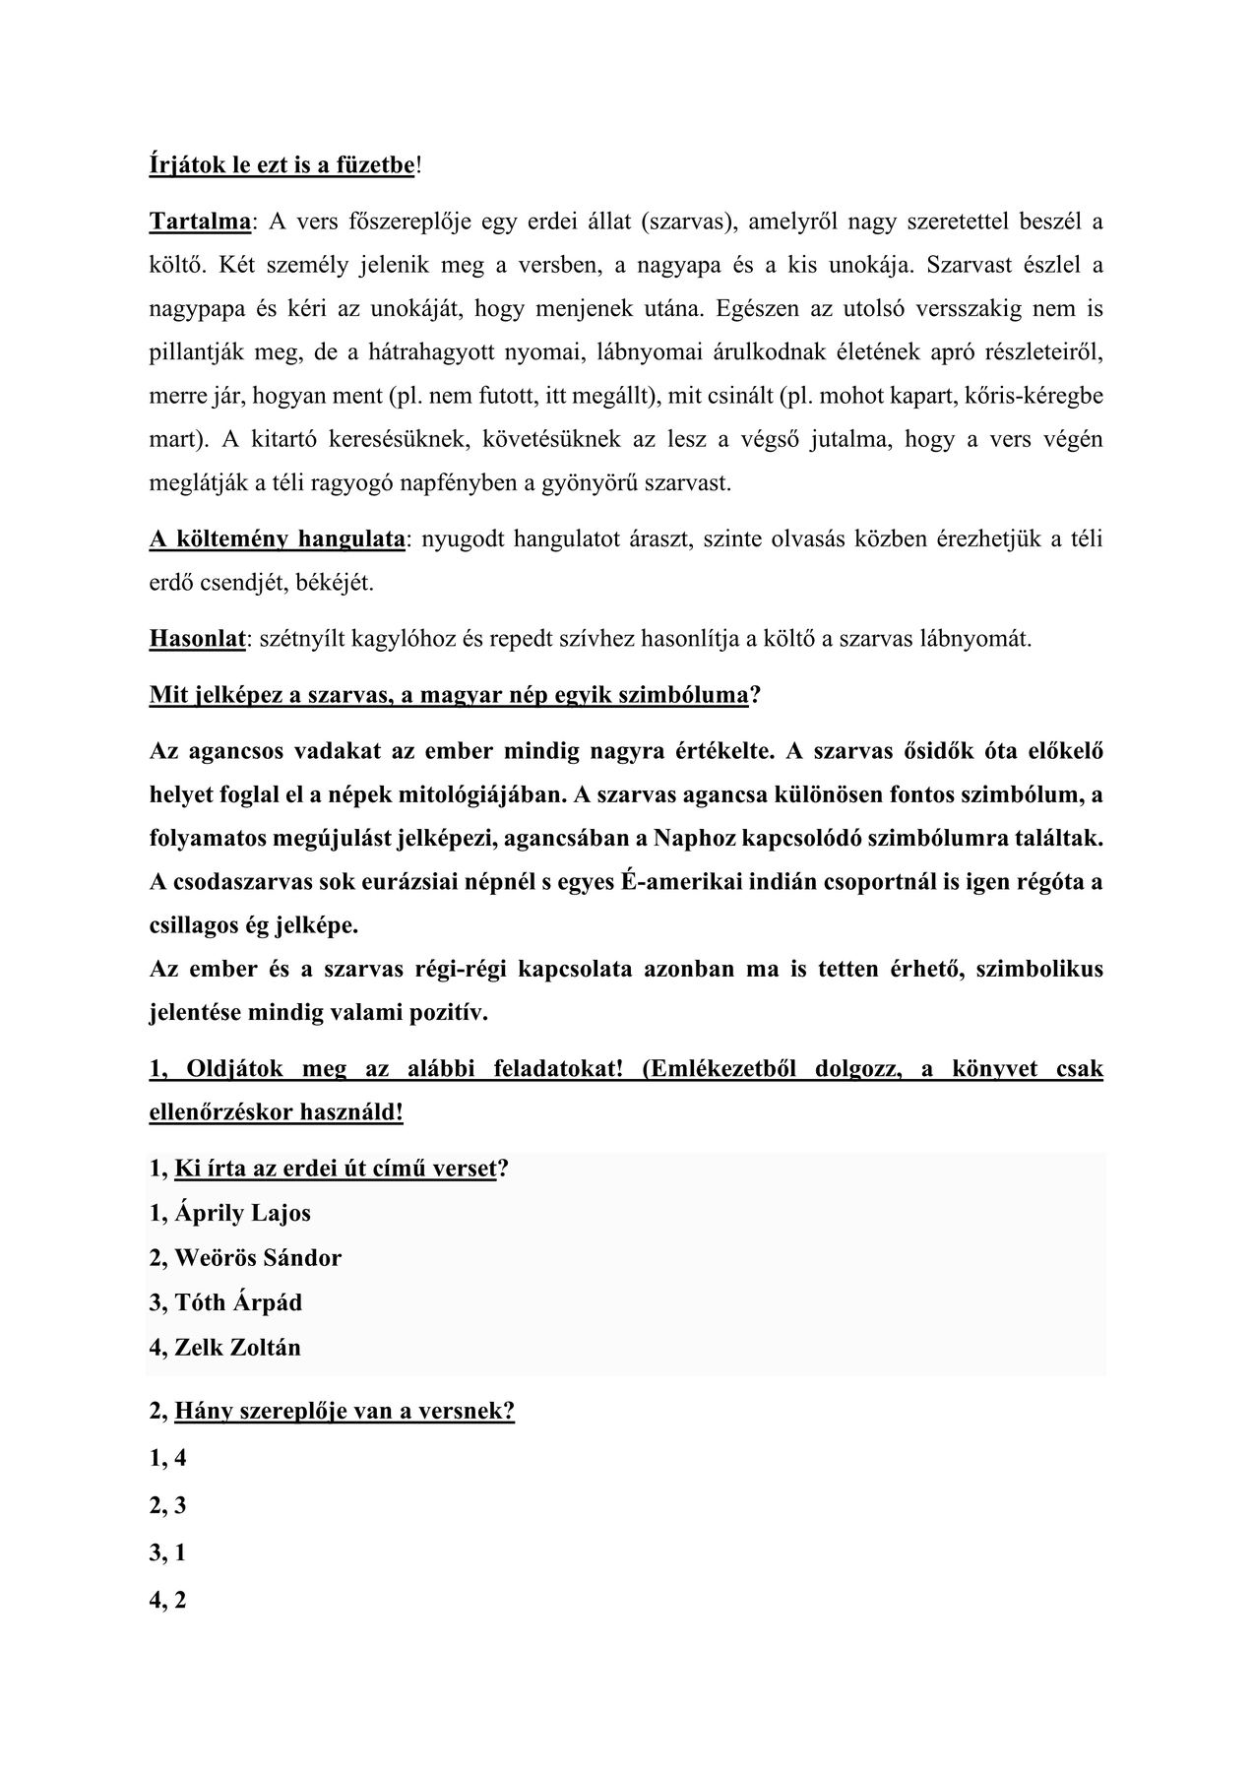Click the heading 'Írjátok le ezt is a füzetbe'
click(282, 165)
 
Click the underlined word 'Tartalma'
click(200, 221)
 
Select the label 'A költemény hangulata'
click(278, 538)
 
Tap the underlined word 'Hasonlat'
click(197, 639)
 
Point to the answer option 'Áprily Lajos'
click(242, 1213)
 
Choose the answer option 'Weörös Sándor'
click(258, 1258)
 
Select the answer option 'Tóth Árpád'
click(238, 1302)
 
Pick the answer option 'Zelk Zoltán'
click(237, 1348)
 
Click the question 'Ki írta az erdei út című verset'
click(335, 1169)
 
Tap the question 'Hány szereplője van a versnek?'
click(345, 1412)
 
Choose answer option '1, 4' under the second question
click(168, 1459)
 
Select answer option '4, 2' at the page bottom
click(168, 1601)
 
